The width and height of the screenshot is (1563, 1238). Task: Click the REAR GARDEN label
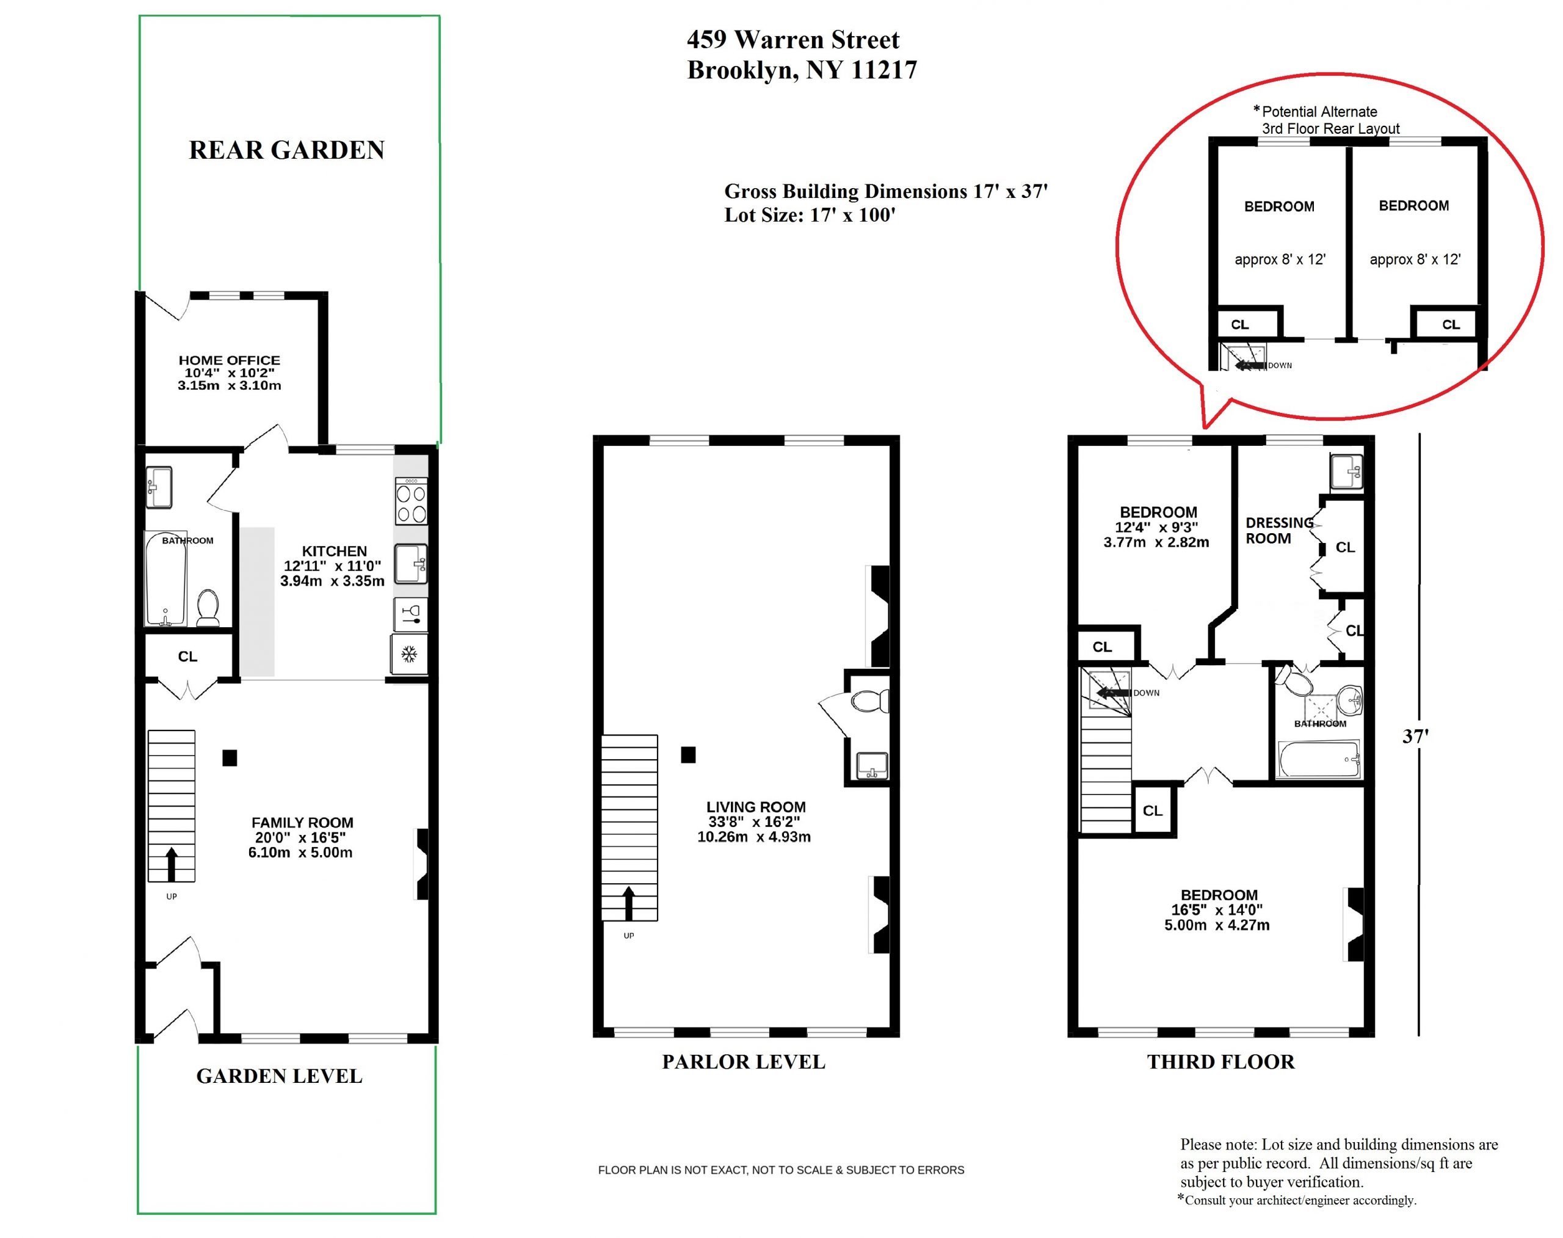tap(286, 150)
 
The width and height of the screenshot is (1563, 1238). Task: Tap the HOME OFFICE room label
tap(229, 360)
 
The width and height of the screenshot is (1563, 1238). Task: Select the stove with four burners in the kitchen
tap(411, 501)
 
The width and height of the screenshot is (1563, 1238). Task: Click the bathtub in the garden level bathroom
tap(165, 579)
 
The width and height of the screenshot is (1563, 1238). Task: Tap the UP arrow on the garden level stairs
tap(172, 865)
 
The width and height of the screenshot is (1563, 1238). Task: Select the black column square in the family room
tap(230, 758)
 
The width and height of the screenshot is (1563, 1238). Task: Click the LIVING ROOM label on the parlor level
tap(756, 807)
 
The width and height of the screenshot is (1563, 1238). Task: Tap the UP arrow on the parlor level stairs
tap(628, 903)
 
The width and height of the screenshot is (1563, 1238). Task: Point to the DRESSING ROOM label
tap(1279, 531)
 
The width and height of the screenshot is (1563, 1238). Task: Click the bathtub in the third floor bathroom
tap(1319, 759)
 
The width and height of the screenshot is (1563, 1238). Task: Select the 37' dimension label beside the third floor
tap(1415, 737)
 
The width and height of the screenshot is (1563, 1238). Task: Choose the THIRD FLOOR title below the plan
tap(1220, 1062)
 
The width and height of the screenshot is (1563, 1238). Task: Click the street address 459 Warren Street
tap(792, 40)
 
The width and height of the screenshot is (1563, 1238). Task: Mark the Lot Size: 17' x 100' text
tap(810, 215)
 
